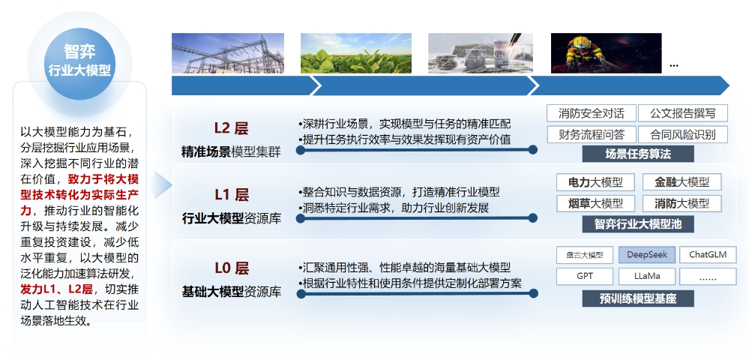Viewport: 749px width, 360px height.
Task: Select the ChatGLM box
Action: [707, 254]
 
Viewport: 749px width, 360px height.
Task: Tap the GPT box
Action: [585, 276]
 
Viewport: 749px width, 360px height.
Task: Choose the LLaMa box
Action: [646, 276]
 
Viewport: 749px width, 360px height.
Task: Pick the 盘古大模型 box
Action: [585, 254]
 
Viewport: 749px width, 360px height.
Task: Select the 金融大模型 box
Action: [682, 182]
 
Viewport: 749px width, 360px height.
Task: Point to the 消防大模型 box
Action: [682, 203]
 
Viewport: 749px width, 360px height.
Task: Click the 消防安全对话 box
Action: [592, 113]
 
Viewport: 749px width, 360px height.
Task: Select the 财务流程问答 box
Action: [592, 134]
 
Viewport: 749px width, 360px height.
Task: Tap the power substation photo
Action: [228, 52]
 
